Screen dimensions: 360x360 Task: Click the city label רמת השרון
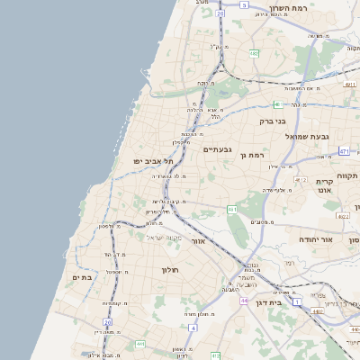tap(289, 8)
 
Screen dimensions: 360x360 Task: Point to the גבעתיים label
tap(218, 149)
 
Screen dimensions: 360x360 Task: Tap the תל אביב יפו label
tap(151, 160)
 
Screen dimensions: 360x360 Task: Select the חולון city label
tap(170, 270)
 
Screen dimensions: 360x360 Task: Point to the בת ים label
tap(82, 278)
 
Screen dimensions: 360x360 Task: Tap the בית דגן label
tap(264, 303)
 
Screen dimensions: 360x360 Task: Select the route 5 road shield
tap(243, 4)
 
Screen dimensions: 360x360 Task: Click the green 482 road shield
tap(254, 53)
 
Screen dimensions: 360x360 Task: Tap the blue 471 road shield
tap(344, 151)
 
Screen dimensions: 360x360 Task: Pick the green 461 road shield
tap(232, 210)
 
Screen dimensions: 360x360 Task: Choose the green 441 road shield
tap(139, 344)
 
